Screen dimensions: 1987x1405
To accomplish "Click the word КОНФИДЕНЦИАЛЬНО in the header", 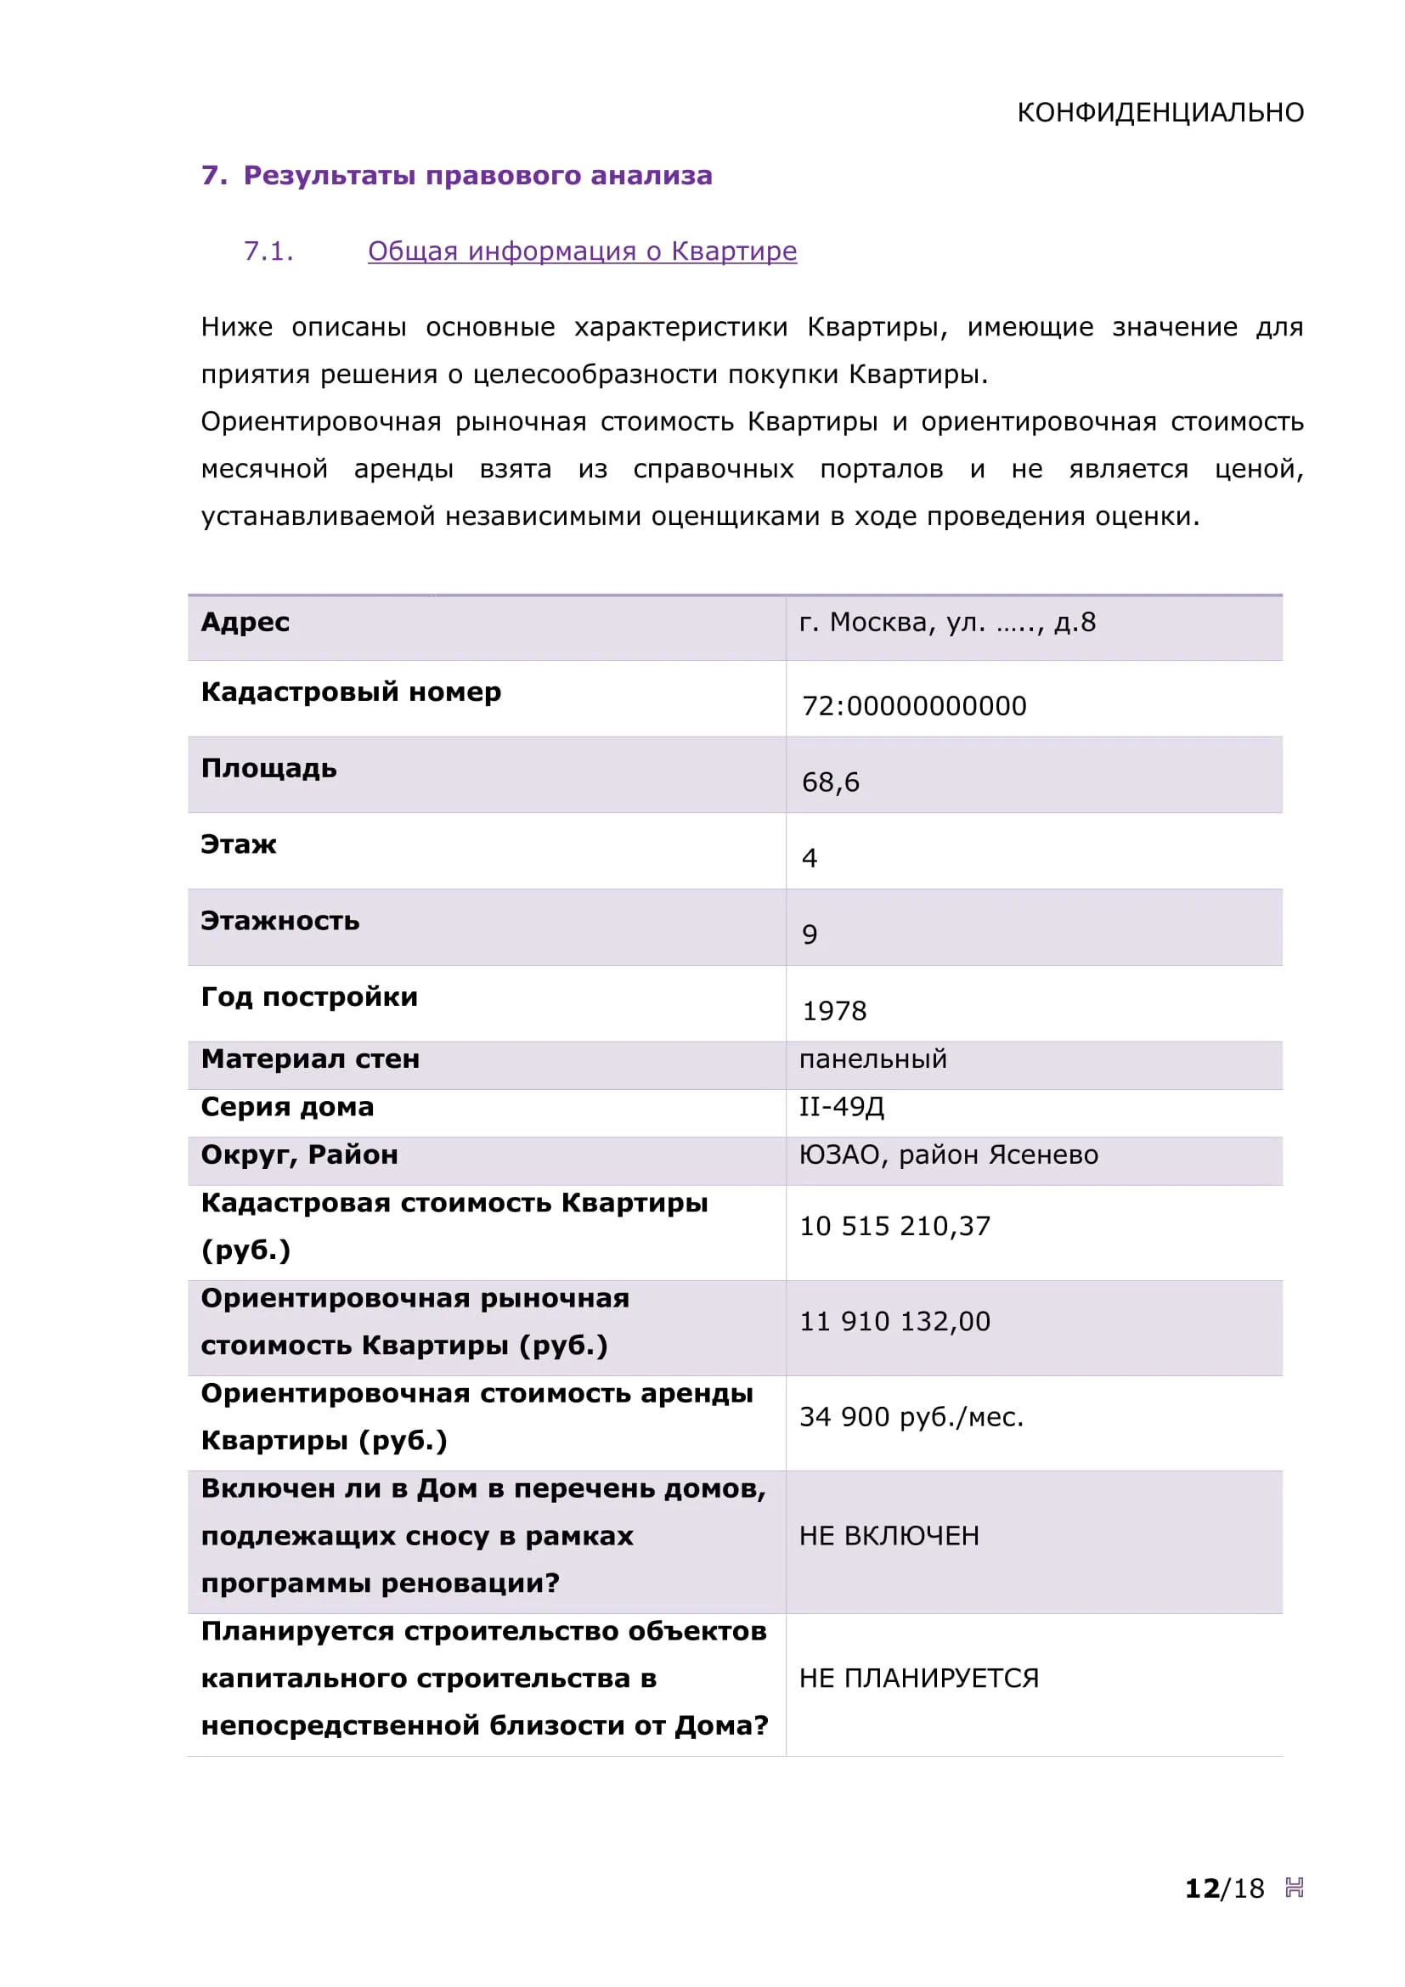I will pos(1160,112).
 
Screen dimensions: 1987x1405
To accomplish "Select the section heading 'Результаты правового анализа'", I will pos(477,176).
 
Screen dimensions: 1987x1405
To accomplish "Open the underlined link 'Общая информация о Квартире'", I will pos(581,251).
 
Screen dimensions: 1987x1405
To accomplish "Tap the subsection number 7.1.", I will pos(268,251).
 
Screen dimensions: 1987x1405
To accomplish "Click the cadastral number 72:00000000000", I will pos(914,706).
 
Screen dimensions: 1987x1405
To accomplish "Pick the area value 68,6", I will pos(830,782).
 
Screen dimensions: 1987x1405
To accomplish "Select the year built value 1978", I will pos(833,1011).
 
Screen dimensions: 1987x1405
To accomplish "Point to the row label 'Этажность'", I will pos(279,921).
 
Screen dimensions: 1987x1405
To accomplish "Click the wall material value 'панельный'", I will pos(872,1059).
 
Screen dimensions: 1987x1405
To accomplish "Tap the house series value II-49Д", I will pos(841,1107).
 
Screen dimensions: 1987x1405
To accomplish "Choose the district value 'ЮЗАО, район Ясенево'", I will pos(948,1155).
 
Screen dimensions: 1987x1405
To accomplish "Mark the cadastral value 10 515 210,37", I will pos(894,1227).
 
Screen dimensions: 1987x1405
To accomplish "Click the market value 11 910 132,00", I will pos(894,1322).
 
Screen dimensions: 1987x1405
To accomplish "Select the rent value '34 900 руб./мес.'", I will pos(911,1417).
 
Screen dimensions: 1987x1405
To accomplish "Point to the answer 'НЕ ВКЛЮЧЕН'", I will pos(889,1536).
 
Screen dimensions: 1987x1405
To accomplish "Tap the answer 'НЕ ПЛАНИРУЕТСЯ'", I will pos(918,1678).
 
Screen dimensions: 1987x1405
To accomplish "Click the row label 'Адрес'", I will pos(245,622).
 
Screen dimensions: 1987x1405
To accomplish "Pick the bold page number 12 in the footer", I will pos(1201,1888).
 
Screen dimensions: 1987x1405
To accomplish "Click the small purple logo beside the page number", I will pos(1294,1888).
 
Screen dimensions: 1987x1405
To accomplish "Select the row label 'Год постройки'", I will pos(309,997).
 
